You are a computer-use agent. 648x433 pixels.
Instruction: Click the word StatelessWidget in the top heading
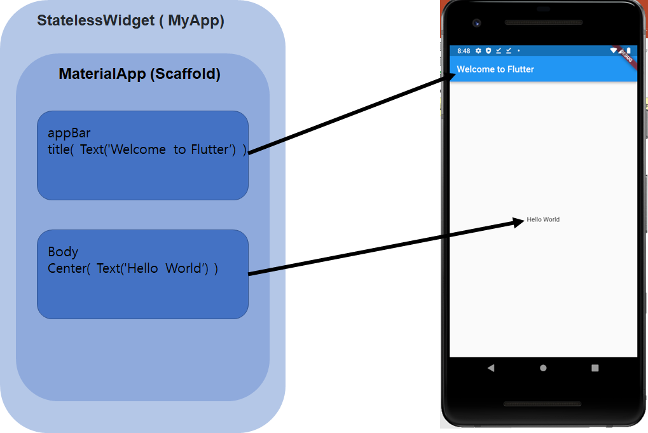[95, 20]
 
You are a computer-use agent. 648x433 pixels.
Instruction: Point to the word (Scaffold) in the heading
[185, 74]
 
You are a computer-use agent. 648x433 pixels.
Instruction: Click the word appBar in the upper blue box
[69, 134]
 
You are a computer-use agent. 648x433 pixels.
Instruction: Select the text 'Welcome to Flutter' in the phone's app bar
[495, 69]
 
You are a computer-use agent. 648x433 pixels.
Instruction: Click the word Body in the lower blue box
[63, 252]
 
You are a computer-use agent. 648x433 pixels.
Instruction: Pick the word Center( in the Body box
[69, 268]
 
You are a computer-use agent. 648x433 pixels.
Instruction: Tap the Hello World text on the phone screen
[543, 219]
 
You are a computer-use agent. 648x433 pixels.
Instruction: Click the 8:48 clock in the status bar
[464, 51]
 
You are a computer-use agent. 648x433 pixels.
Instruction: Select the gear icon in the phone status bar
[478, 51]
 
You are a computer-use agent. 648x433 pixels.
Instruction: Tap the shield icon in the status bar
[488, 51]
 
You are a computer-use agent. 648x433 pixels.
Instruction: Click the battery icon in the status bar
[628, 51]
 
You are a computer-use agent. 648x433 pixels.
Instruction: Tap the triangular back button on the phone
[490, 368]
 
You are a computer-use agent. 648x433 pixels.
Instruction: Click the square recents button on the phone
[595, 368]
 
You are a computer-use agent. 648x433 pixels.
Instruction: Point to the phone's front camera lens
[476, 23]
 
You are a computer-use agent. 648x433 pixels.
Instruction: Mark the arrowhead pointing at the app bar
[449, 78]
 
